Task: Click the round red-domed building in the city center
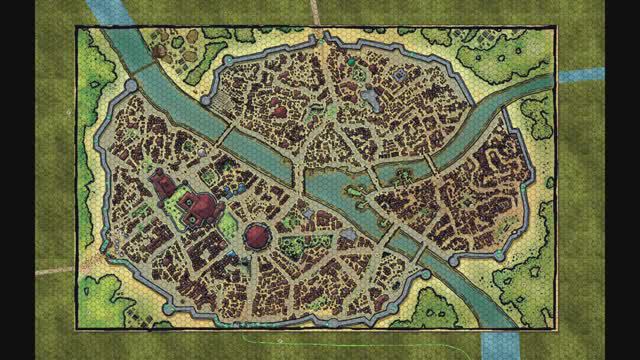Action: [x=257, y=236]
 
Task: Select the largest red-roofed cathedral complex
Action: [x=201, y=207]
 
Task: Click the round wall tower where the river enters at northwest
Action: [x=130, y=88]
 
